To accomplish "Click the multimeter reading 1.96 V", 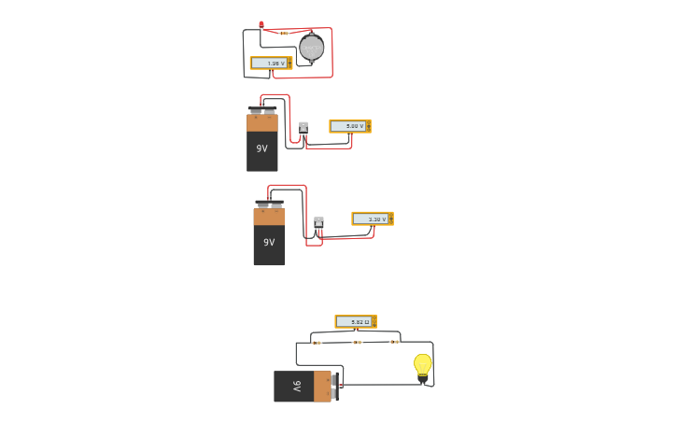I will point(271,63).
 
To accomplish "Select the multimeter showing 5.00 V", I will point(349,126).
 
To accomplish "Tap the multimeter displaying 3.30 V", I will point(372,219).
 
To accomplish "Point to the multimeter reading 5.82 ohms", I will point(355,321).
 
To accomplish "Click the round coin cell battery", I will point(312,48).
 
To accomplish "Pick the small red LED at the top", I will point(261,25).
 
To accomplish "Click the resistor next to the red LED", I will point(283,33).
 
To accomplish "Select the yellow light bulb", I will point(423,363).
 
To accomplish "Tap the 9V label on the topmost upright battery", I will point(262,148).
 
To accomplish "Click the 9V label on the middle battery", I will point(269,242).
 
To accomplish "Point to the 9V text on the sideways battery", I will point(297,386).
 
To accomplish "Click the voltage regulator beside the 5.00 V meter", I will point(303,128).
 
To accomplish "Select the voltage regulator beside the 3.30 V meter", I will point(318,223).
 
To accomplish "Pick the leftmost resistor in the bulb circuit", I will point(317,343).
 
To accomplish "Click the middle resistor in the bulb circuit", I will point(357,342).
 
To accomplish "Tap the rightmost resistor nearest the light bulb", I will point(394,342).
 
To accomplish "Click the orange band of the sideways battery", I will point(322,386).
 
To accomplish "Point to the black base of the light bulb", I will point(423,377).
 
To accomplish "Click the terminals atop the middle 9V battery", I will point(269,204).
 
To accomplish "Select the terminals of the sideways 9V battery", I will point(335,386).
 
